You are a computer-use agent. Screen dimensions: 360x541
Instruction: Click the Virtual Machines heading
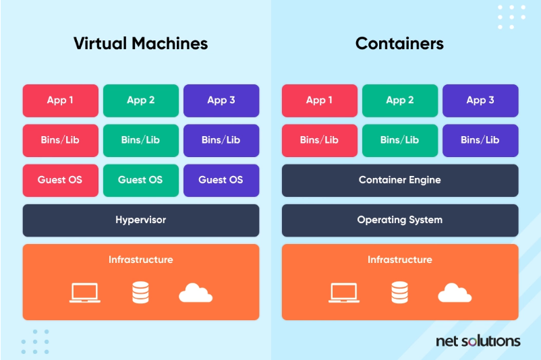click(140, 44)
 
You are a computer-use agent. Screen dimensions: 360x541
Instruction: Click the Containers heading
click(399, 44)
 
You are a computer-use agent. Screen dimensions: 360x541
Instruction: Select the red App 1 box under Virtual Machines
click(60, 100)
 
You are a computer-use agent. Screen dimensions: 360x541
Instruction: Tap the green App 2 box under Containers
click(400, 100)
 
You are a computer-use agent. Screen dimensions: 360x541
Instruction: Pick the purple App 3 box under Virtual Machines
click(221, 100)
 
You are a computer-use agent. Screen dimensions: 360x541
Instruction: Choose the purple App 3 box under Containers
click(480, 100)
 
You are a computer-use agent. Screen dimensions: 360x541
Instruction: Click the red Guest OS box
click(60, 180)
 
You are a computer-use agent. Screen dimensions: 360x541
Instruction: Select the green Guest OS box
click(140, 180)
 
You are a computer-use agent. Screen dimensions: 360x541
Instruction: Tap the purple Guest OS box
click(221, 180)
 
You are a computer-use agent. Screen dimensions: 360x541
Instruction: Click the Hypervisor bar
click(140, 220)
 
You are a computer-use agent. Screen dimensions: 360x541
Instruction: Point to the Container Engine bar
click(400, 180)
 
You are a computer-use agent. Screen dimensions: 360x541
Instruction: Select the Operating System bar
click(400, 220)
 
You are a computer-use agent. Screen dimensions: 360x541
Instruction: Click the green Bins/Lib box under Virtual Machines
click(140, 140)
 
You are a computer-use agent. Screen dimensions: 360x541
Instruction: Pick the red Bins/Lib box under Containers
click(319, 140)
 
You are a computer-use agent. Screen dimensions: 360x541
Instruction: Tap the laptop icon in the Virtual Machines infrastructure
click(85, 293)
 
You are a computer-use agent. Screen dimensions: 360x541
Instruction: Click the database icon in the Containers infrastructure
click(399, 293)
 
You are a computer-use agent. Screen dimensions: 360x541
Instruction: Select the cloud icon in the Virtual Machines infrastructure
click(196, 293)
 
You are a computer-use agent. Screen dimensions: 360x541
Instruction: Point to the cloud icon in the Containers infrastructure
click(455, 293)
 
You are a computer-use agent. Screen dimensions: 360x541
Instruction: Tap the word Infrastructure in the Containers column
click(400, 260)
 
